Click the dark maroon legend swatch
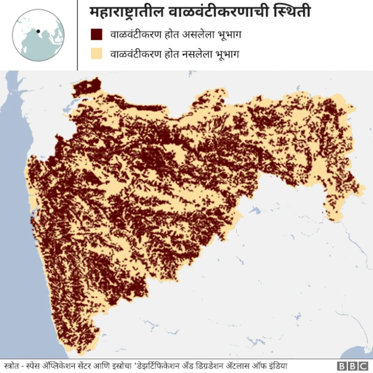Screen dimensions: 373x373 coord(97,35)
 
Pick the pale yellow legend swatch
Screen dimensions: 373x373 coord(97,54)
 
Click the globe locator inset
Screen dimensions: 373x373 coord(38,36)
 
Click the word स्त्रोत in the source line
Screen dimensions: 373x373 coord(12,366)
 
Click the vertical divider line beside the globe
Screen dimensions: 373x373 coord(78,35)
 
